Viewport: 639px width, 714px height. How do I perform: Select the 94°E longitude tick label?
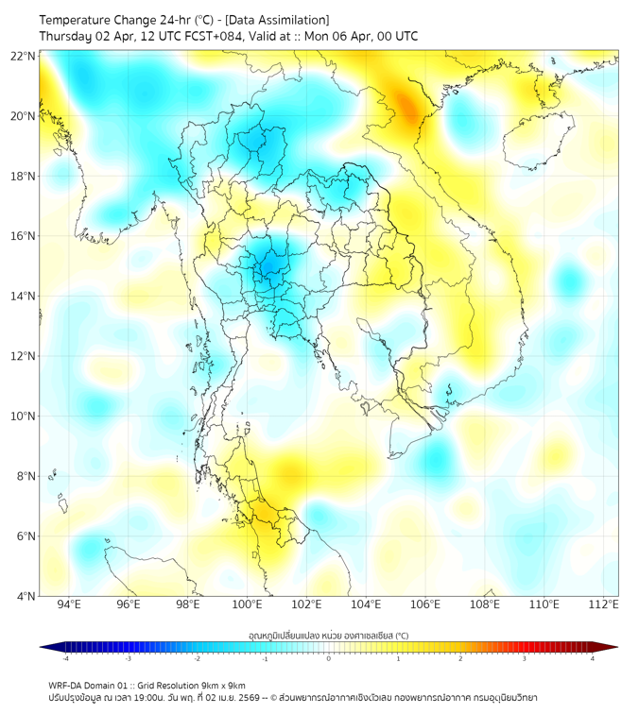click(69, 604)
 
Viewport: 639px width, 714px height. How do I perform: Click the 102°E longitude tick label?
click(306, 604)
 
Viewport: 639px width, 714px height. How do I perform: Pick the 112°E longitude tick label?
click(604, 604)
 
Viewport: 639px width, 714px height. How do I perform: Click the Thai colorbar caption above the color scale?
click(328, 636)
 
